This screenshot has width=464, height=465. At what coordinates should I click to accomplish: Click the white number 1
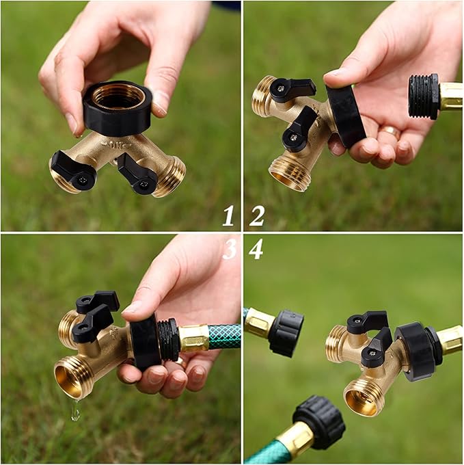[228, 215]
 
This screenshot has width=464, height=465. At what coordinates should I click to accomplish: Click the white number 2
[256, 215]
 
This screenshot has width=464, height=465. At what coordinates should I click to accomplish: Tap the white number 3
[229, 249]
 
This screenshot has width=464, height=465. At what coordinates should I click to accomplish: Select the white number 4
[256, 249]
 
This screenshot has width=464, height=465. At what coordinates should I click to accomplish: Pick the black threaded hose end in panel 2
[423, 96]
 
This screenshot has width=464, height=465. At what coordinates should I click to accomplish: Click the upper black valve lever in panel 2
[292, 89]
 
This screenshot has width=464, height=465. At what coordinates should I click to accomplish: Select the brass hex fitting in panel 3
[193, 338]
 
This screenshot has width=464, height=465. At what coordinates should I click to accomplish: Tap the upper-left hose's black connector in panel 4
[285, 332]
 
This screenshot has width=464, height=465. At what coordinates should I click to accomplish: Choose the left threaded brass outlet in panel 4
[335, 343]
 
